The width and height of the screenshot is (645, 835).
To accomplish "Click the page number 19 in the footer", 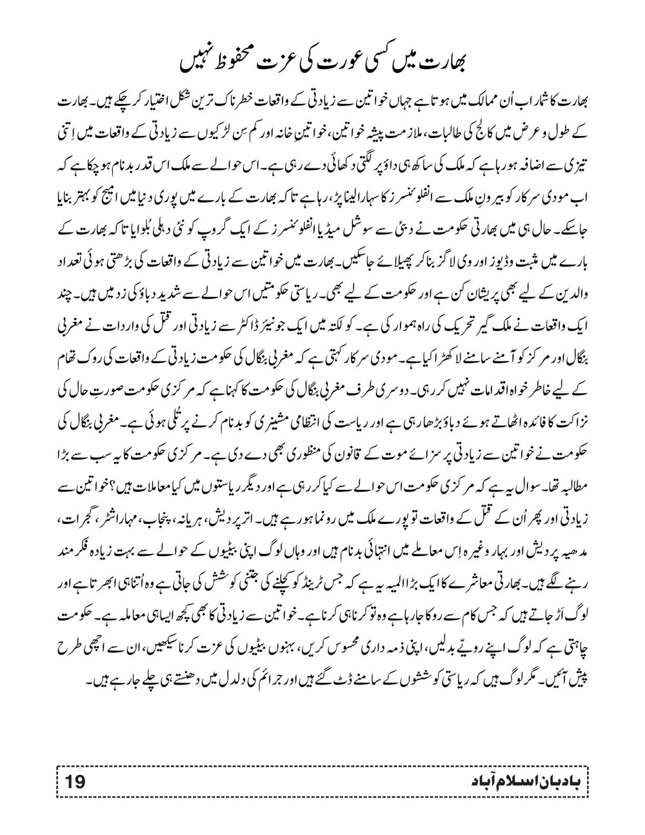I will (x=76, y=782).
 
